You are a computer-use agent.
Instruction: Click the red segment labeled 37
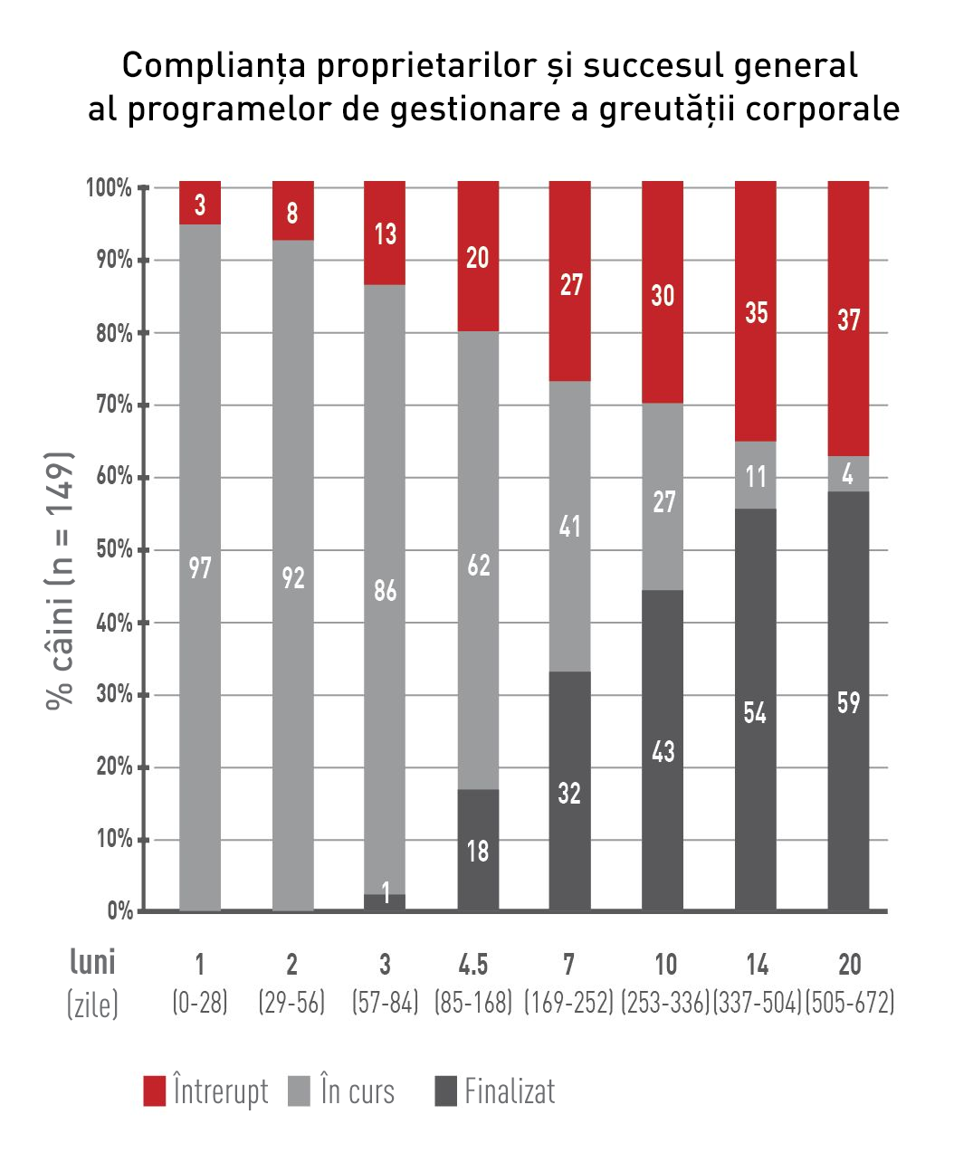tap(848, 319)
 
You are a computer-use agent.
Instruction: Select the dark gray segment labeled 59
tap(848, 701)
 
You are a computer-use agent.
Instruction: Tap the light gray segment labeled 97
tap(200, 567)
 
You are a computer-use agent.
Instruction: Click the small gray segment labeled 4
tap(848, 474)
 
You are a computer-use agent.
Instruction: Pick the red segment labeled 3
tap(200, 204)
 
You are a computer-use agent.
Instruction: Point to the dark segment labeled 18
tap(478, 850)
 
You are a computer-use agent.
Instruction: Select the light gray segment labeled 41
tap(570, 526)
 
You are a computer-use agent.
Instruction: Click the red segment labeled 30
tap(663, 294)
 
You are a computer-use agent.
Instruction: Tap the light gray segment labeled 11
tap(756, 475)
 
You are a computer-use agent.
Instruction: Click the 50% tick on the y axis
tap(114, 550)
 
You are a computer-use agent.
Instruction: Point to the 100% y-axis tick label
tap(110, 188)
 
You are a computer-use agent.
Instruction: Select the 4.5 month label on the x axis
tap(473, 965)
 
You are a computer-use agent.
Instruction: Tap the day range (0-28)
tap(200, 1003)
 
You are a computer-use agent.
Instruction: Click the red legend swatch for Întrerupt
tap(155, 1091)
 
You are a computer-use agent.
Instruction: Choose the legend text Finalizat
tap(510, 1091)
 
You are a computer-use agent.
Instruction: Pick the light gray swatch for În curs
tap(299, 1091)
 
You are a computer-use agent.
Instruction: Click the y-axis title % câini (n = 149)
tap(60, 579)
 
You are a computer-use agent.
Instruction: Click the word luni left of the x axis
tap(92, 962)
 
